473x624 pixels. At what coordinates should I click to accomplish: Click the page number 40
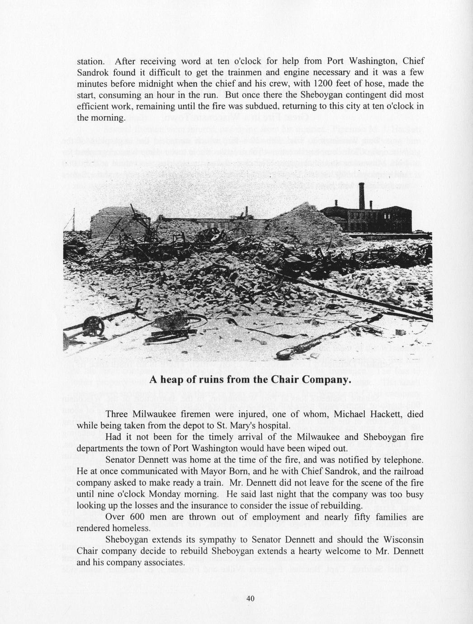tap(251, 598)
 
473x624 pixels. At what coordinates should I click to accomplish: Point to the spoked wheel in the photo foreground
tap(93, 324)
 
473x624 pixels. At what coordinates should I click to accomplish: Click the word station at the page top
tap(91, 61)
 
